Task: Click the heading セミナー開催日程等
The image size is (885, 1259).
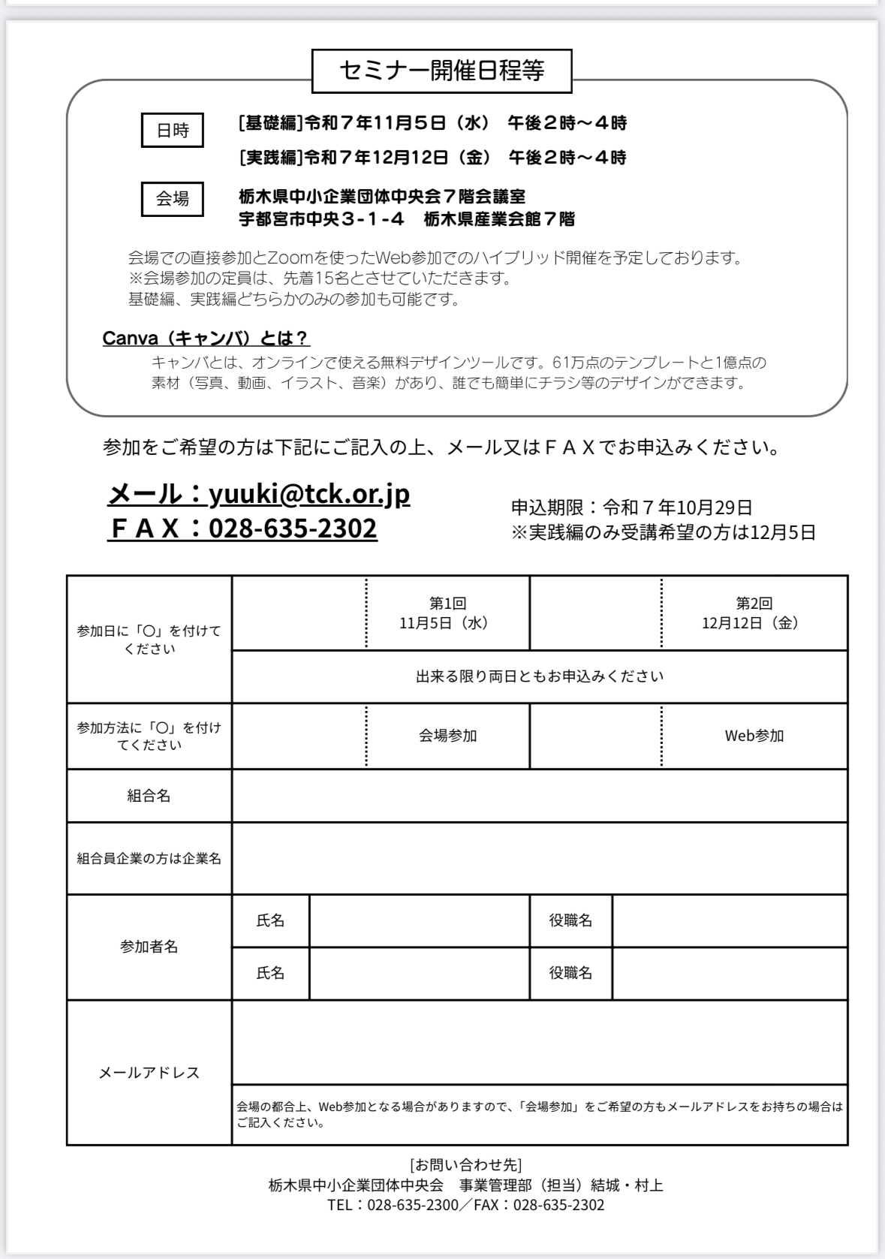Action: click(x=441, y=71)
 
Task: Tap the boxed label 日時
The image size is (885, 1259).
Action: click(x=173, y=131)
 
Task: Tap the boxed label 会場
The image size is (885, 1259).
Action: click(x=173, y=199)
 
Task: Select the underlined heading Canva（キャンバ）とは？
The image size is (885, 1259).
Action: click(x=206, y=339)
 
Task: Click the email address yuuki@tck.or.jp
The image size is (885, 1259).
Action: click(x=309, y=494)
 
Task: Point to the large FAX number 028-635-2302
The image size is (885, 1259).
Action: click(x=293, y=529)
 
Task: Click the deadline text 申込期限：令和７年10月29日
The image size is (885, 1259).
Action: click(x=631, y=508)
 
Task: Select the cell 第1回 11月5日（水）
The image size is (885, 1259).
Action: click(x=447, y=613)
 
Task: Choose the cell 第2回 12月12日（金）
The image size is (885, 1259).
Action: click(x=754, y=613)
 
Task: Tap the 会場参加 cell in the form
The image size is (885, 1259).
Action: click(x=447, y=736)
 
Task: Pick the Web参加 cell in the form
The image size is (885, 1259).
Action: click(x=754, y=736)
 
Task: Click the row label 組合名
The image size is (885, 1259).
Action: click(x=149, y=796)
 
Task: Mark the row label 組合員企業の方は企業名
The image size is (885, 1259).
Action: click(x=149, y=858)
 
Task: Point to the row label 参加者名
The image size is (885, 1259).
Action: click(x=149, y=947)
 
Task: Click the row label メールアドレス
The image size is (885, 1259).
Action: click(x=149, y=1073)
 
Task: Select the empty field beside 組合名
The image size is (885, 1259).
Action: click(x=539, y=796)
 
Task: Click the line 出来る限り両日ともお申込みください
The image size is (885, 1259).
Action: click(x=539, y=676)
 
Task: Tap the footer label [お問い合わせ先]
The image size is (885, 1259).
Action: click(x=465, y=1165)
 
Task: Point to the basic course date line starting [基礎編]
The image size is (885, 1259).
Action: click(x=432, y=123)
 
